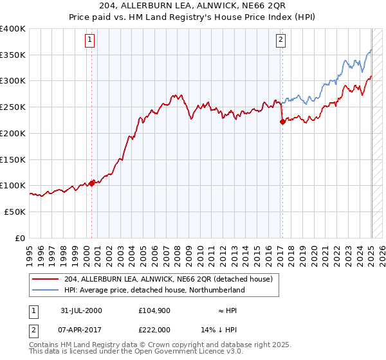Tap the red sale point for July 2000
coord(92,183)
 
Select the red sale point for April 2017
coord(282,122)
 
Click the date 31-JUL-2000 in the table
coord(80,310)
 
